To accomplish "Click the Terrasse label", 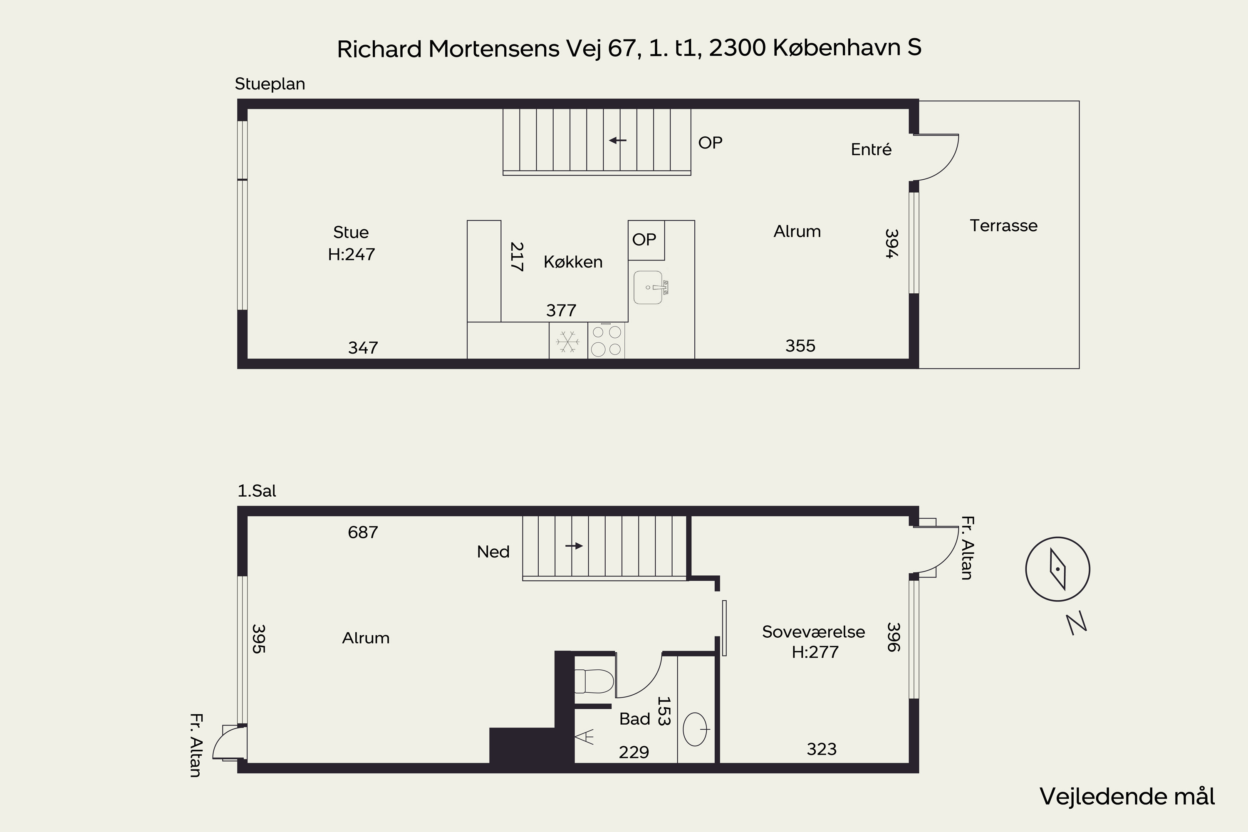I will (x=1003, y=225).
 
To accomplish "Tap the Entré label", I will (x=871, y=150).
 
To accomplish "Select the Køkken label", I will (x=573, y=262).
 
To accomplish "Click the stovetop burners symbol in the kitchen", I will (x=607, y=341).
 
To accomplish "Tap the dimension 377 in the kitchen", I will (x=561, y=310).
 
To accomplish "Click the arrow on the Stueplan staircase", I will (x=618, y=141).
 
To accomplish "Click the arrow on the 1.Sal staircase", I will (x=574, y=546).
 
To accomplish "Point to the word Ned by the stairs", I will (x=493, y=552).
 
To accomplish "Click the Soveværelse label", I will (x=813, y=631).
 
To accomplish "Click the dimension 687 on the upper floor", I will (x=363, y=532).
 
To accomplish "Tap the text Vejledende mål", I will (x=1127, y=797).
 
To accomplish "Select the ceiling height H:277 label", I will (x=815, y=652).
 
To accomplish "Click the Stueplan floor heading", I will (x=270, y=84).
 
